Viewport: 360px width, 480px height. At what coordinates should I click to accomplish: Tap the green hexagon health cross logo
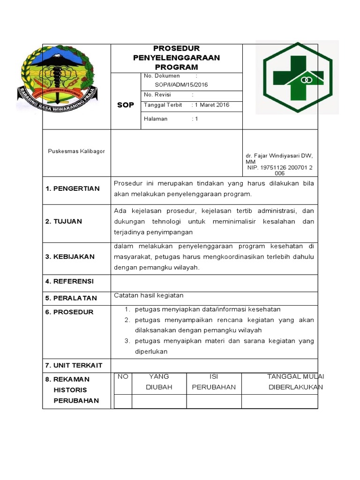298,77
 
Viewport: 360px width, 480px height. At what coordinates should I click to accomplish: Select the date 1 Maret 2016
212,105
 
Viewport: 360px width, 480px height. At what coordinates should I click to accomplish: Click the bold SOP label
125,105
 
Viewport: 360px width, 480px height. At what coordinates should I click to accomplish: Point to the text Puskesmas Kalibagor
76,151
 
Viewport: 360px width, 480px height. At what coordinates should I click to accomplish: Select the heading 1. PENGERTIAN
73,188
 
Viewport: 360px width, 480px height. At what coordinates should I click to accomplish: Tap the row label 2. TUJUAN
64,221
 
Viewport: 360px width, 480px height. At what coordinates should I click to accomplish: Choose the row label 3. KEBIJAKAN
70,256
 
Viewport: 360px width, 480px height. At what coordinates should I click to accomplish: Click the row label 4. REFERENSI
69,281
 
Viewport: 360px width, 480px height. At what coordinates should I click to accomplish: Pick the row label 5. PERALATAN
71,298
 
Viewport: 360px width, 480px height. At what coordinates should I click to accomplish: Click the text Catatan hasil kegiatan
149,295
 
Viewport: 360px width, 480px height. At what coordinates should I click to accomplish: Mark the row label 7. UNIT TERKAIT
74,365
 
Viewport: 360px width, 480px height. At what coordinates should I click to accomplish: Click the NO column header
123,376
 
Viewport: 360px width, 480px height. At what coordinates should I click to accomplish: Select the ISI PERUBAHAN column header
214,382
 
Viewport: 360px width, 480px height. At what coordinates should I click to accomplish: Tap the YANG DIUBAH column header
159,382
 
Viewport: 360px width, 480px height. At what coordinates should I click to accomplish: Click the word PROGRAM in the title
176,67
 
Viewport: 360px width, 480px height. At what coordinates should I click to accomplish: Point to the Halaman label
156,119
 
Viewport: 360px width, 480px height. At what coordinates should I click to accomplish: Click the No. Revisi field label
157,95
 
